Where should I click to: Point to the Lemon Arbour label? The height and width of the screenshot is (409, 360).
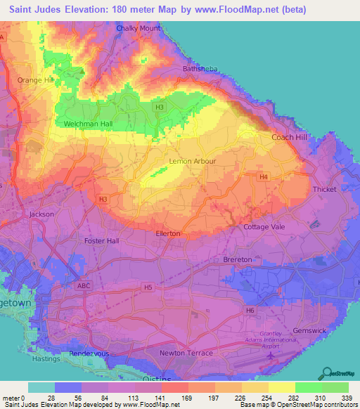click(x=193, y=161)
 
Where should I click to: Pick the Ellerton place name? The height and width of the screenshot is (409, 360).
click(x=168, y=233)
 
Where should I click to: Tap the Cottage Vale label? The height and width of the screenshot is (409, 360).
click(x=263, y=228)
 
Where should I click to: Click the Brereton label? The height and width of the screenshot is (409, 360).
click(x=238, y=259)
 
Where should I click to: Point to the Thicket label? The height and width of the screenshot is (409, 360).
click(x=325, y=190)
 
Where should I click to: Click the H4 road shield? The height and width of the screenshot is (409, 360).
click(x=263, y=176)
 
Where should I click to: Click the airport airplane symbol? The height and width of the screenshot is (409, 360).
click(x=271, y=359)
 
